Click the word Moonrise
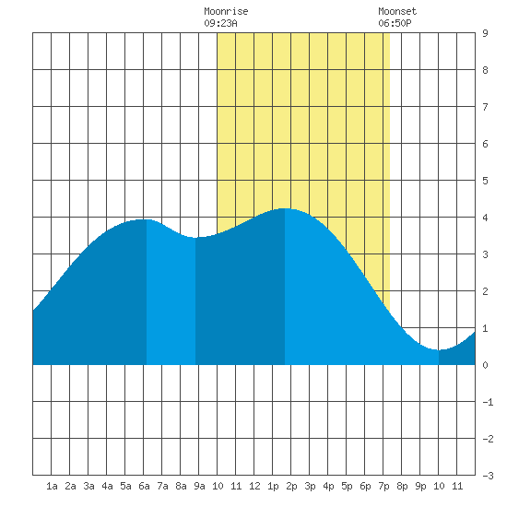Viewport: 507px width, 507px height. tap(226, 11)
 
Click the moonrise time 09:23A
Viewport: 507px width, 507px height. tap(220, 23)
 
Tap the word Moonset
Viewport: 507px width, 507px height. tap(397, 11)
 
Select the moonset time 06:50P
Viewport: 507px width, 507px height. tap(395, 23)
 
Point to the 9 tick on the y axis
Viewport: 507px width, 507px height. tap(485, 33)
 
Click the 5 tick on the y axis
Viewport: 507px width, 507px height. tap(485, 181)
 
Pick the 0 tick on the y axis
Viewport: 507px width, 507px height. tap(485, 365)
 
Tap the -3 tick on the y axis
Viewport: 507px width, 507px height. tap(488, 476)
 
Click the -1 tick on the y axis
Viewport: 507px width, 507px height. tap(488, 402)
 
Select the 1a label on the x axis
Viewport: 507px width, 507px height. tap(52, 486)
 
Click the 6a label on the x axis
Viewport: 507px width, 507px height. tap(144, 486)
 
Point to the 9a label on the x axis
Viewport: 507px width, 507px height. tap(199, 486)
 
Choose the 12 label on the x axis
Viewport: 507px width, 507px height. tap(254, 486)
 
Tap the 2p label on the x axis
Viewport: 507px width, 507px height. tap(291, 486)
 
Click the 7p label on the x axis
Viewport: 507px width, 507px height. tap(383, 486)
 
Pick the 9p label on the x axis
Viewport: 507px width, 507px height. tap(420, 486)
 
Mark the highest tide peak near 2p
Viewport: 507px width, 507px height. tap(285, 208)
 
